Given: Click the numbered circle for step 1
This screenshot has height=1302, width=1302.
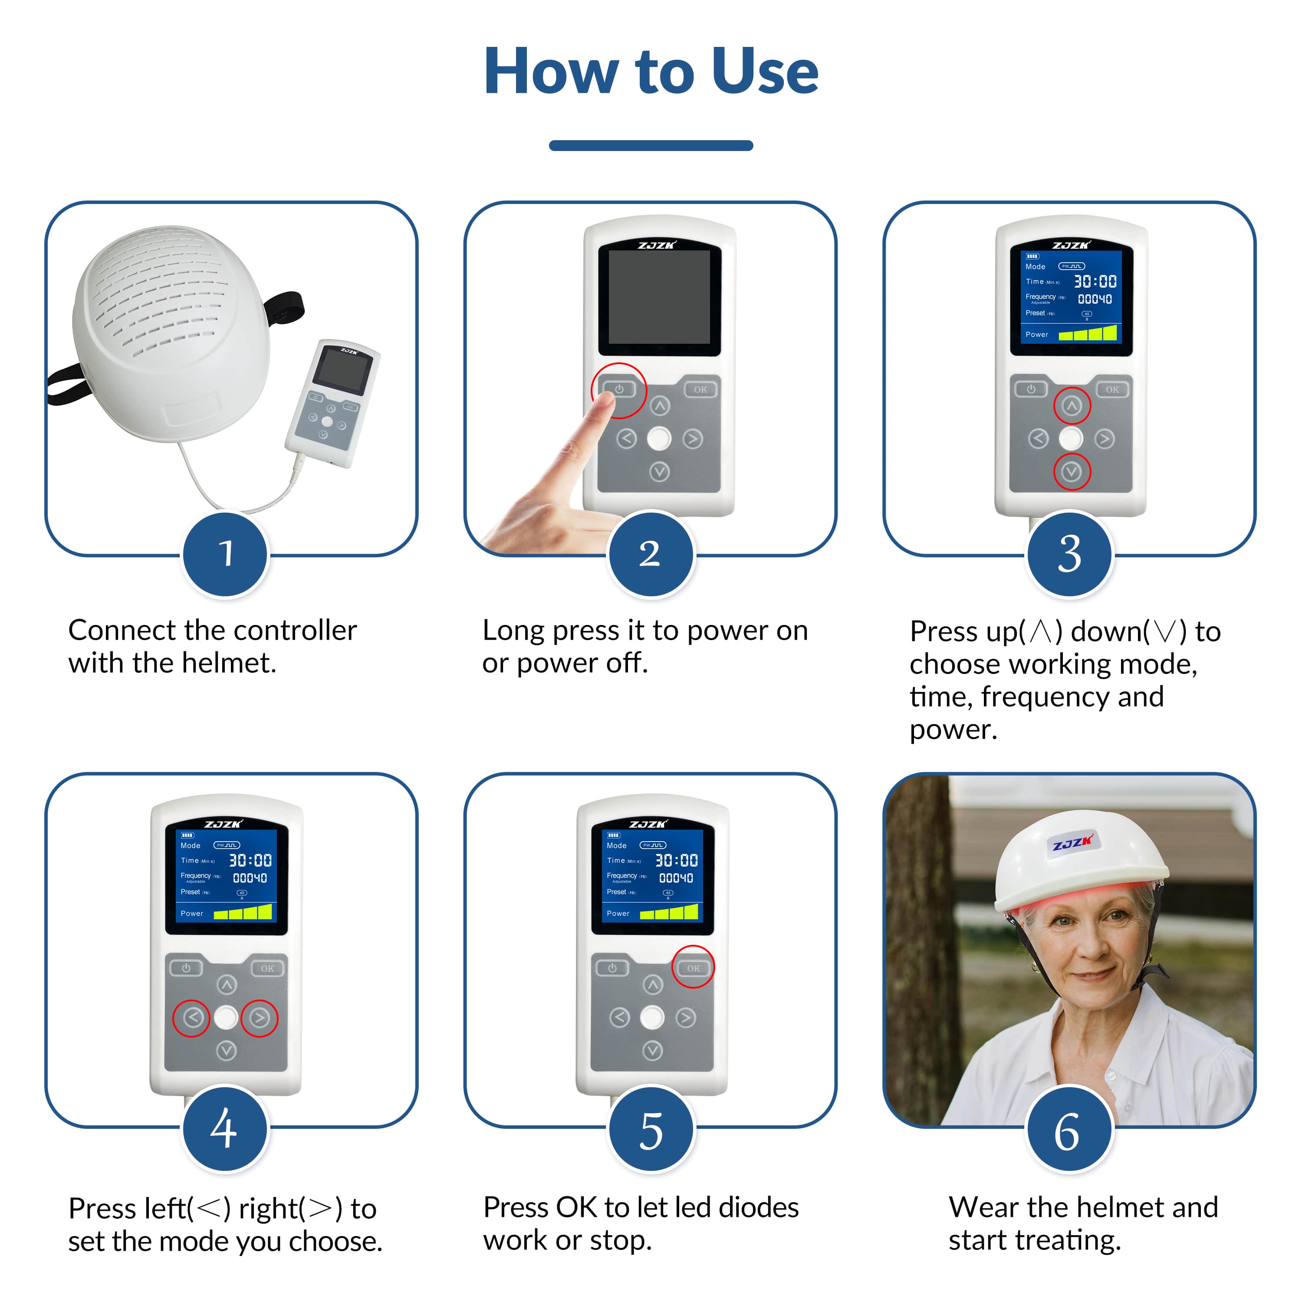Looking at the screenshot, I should coord(226,554).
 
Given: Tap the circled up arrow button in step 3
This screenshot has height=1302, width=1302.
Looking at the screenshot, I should coord(1072,406).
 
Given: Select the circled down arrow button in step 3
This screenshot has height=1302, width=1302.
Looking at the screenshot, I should coord(1072,472).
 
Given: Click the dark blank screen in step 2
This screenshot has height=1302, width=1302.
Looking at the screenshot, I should coord(659,297).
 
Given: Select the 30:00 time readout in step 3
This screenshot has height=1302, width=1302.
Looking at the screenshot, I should coord(1095,281).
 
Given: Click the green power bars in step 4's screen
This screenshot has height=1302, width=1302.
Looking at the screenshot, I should coord(243,912).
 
